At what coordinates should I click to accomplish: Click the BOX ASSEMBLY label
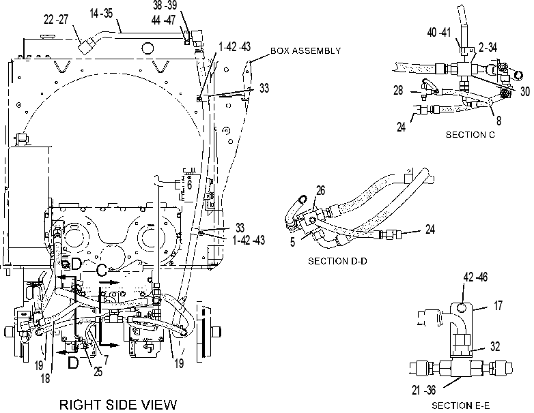[x=305, y=51]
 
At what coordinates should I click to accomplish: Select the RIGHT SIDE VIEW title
[x=118, y=405]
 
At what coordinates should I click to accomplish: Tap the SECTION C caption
[x=470, y=135]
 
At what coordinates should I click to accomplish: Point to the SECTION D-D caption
[x=337, y=261]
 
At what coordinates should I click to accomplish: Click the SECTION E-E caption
[x=461, y=406]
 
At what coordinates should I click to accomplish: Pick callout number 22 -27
[x=56, y=20]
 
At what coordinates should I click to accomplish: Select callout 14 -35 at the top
[x=101, y=13]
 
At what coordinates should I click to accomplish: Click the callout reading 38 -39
[x=165, y=5]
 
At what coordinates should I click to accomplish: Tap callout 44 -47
[x=163, y=20]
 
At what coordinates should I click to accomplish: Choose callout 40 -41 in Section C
[x=439, y=33]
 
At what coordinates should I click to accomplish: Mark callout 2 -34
[x=488, y=48]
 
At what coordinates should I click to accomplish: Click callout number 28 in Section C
[x=398, y=91]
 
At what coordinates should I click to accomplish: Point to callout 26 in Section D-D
[x=320, y=191]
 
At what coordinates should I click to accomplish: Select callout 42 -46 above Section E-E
[x=475, y=277]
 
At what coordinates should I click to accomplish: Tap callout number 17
[x=498, y=305]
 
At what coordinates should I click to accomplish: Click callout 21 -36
[x=423, y=390]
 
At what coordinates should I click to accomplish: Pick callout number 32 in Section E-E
[x=495, y=346]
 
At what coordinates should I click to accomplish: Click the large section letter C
[x=102, y=271]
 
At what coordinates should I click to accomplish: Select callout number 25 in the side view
[x=98, y=371]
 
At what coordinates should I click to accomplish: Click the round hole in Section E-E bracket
[x=462, y=307]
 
